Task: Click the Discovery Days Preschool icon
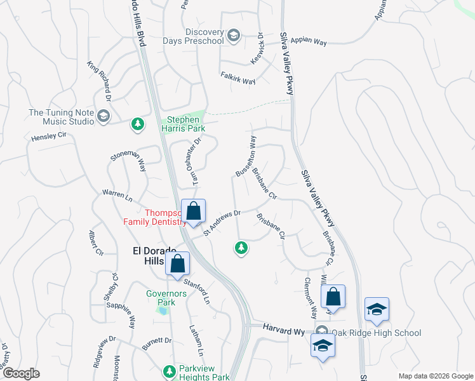click(x=233, y=36)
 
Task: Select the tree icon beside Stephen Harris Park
click(x=137, y=124)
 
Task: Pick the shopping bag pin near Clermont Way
click(x=333, y=297)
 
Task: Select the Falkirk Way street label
click(x=238, y=82)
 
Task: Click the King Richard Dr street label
click(x=100, y=81)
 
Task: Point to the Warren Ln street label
click(x=117, y=195)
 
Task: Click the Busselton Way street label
click(x=246, y=155)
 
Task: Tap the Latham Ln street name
click(x=196, y=340)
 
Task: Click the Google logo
click(x=21, y=374)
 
